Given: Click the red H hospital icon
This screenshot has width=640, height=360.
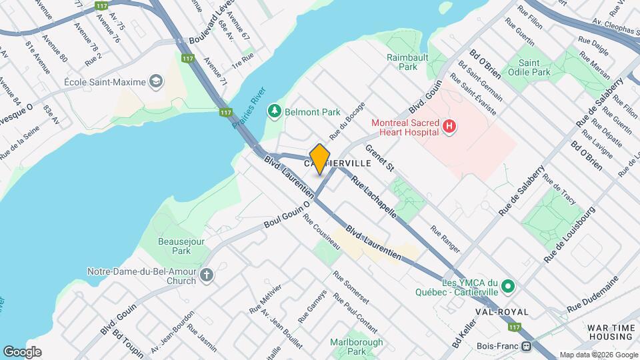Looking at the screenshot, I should (449, 126).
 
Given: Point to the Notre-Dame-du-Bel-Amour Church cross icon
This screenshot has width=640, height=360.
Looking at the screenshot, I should (207, 275).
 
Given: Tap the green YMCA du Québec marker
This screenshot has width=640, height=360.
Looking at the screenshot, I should (508, 287).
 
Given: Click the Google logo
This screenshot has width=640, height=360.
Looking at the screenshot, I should (22, 352).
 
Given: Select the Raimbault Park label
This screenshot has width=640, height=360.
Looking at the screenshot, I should (402, 62).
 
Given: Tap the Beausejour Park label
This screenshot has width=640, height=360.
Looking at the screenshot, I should (174, 246).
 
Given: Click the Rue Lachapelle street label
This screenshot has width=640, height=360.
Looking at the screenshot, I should (373, 197).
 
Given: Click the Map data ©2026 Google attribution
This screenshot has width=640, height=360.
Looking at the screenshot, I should (598, 355).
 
